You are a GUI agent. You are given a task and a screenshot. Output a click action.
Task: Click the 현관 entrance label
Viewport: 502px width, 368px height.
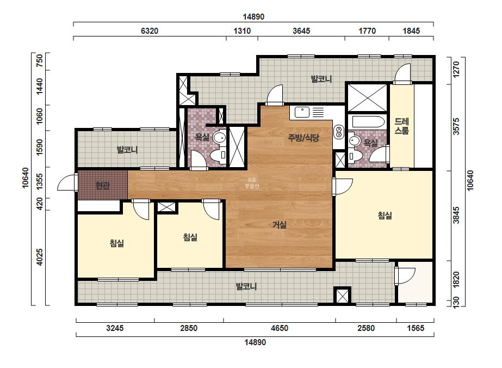103,185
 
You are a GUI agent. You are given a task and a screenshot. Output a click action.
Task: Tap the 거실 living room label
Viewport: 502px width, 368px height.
279,225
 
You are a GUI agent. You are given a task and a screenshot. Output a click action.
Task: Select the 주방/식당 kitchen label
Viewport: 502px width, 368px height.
303,138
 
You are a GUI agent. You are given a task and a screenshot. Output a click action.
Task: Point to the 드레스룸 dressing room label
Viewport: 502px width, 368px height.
401,126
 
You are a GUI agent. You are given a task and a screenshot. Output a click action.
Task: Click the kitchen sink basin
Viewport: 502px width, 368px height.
302,112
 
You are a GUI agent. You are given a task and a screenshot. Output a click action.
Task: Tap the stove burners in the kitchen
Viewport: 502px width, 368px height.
338,132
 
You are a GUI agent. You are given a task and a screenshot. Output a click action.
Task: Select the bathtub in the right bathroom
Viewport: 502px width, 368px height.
368,122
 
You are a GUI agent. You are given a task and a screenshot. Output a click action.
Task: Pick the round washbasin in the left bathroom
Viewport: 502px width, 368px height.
220,138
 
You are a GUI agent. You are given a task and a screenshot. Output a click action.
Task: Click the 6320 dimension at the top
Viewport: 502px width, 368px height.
150,31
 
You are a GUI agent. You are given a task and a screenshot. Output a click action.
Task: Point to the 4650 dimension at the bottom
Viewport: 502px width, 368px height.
280,328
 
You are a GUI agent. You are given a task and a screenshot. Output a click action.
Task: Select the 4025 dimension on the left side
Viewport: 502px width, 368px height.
39,257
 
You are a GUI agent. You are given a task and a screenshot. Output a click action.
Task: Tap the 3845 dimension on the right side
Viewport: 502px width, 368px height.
456,215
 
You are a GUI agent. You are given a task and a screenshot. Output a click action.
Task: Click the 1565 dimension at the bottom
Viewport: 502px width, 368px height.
415,328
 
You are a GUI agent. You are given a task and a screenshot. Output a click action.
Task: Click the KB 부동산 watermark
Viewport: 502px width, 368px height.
252,183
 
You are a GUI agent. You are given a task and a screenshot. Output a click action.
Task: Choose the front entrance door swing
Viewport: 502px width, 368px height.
66,183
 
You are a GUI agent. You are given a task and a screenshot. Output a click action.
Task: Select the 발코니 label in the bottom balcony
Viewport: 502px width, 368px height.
246,286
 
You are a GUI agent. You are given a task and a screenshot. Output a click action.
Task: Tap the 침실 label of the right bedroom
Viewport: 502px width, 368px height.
385,216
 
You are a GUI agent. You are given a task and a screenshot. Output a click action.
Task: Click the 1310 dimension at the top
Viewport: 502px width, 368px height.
242,31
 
